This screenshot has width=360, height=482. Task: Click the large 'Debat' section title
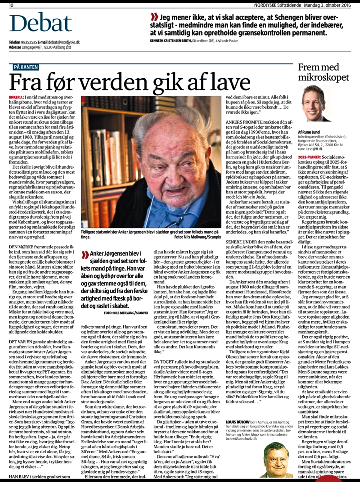[41, 24]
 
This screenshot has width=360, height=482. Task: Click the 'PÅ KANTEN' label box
[26, 67]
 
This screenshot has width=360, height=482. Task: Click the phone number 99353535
[29, 43]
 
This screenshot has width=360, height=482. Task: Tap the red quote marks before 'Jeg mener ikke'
[154, 17]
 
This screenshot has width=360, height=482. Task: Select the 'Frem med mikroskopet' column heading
[323, 72]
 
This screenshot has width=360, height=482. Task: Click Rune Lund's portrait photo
[314, 104]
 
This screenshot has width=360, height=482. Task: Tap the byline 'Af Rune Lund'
[309, 132]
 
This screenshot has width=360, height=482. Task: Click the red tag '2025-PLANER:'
[309, 157]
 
